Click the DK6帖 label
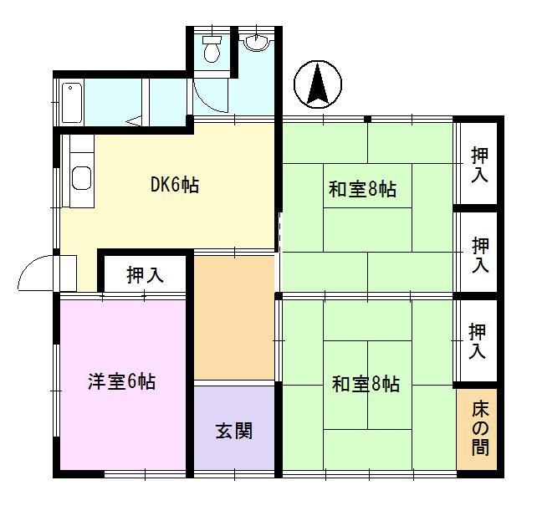[174, 186]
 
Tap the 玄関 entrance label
[234, 432]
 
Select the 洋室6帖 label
[122, 382]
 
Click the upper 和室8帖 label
[361, 190]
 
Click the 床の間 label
[479, 428]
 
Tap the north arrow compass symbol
[318, 85]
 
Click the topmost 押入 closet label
[479, 164]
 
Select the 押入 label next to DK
[145, 273]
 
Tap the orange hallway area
[234, 318]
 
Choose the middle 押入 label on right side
[479, 254]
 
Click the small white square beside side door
[67, 273]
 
